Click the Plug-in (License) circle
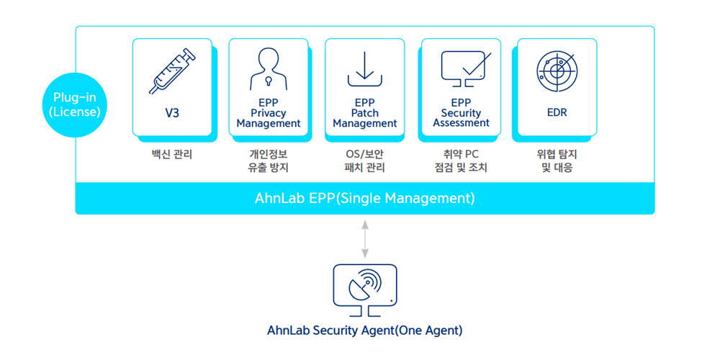pyautogui.click(x=76, y=104)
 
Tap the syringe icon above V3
pyautogui.click(x=172, y=71)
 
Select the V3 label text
pyautogui.click(x=172, y=112)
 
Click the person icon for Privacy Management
pyautogui.click(x=268, y=69)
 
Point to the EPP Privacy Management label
pyautogui.click(x=268, y=112)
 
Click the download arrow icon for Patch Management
pyautogui.click(x=364, y=69)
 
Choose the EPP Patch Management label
pyautogui.click(x=364, y=112)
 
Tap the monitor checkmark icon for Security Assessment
pyautogui.click(x=464, y=69)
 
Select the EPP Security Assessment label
pyautogui.click(x=461, y=112)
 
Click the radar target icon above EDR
pyautogui.click(x=557, y=70)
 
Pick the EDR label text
pyautogui.click(x=557, y=112)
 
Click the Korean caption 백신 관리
pyautogui.click(x=172, y=154)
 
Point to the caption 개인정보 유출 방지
pyautogui.click(x=268, y=161)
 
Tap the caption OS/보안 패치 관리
pyautogui.click(x=364, y=161)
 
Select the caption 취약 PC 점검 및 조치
pyautogui.click(x=461, y=161)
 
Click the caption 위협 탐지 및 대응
pyautogui.click(x=557, y=161)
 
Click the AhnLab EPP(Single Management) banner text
pyautogui.click(x=364, y=199)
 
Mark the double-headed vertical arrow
pyautogui.click(x=364, y=239)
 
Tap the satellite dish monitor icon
pyautogui.click(x=364, y=290)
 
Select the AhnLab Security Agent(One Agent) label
pyautogui.click(x=364, y=331)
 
